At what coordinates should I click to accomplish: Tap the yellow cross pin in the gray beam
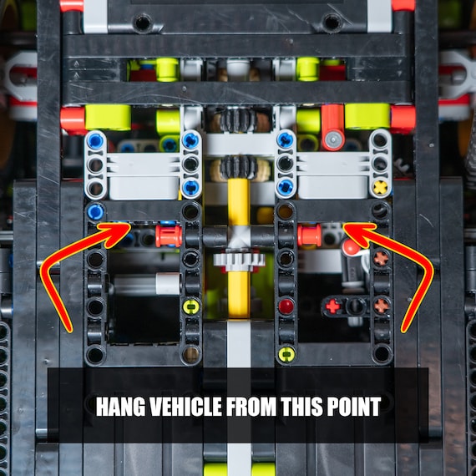(x=380, y=187)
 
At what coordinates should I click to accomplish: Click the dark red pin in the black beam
(x=286, y=306)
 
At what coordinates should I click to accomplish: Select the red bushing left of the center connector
(x=168, y=235)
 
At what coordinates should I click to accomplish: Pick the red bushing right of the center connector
(x=310, y=235)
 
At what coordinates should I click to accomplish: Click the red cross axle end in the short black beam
(x=332, y=306)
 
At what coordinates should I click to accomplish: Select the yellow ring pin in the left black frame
(x=191, y=306)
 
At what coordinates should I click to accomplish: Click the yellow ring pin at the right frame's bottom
(x=286, y=355)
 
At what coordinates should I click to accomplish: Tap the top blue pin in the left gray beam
(x=96, y=141)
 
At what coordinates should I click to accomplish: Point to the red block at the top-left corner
(x=72, y=6)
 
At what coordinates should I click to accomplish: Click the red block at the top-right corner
(x=403, y=6)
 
